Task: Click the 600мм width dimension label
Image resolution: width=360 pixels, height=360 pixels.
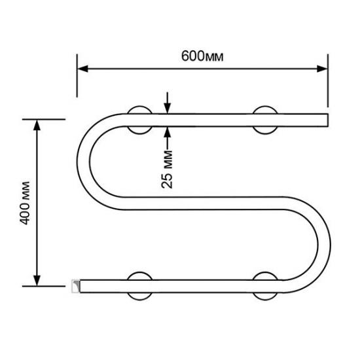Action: pyautogui.click(x=202, y=56)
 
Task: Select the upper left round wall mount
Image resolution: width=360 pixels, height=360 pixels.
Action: pyautogui.click(x=140, y=119)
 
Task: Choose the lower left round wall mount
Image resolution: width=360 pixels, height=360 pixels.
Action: pyautogui.click(x=140, y=285)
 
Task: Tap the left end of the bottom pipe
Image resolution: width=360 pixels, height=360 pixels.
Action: pyautogui.click(x=76, y=285)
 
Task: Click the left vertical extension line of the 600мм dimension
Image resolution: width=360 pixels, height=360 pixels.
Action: pyautogui.click(x=78, y=82)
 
